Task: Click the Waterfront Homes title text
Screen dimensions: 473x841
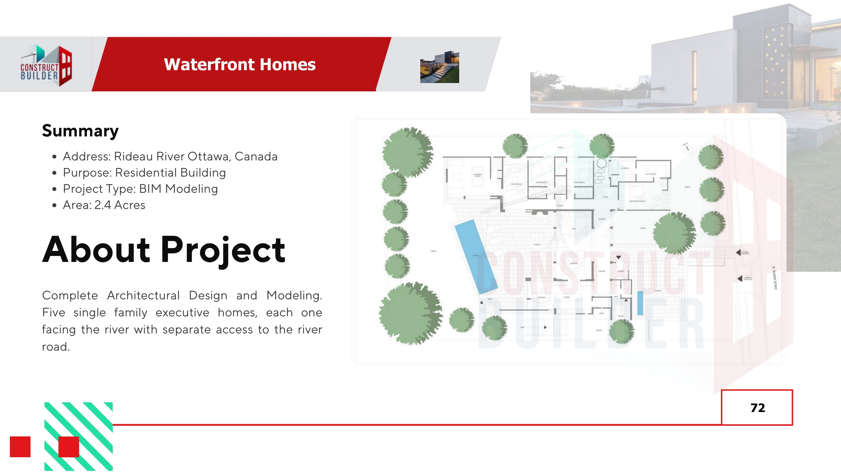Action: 240,64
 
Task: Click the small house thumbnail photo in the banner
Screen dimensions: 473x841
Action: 439,67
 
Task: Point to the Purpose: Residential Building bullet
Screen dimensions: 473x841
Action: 144,173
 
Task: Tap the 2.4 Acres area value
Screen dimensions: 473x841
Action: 119,205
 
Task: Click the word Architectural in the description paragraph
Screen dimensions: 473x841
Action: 143,295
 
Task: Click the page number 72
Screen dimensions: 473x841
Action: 757,408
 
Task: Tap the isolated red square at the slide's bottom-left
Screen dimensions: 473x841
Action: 20,447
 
